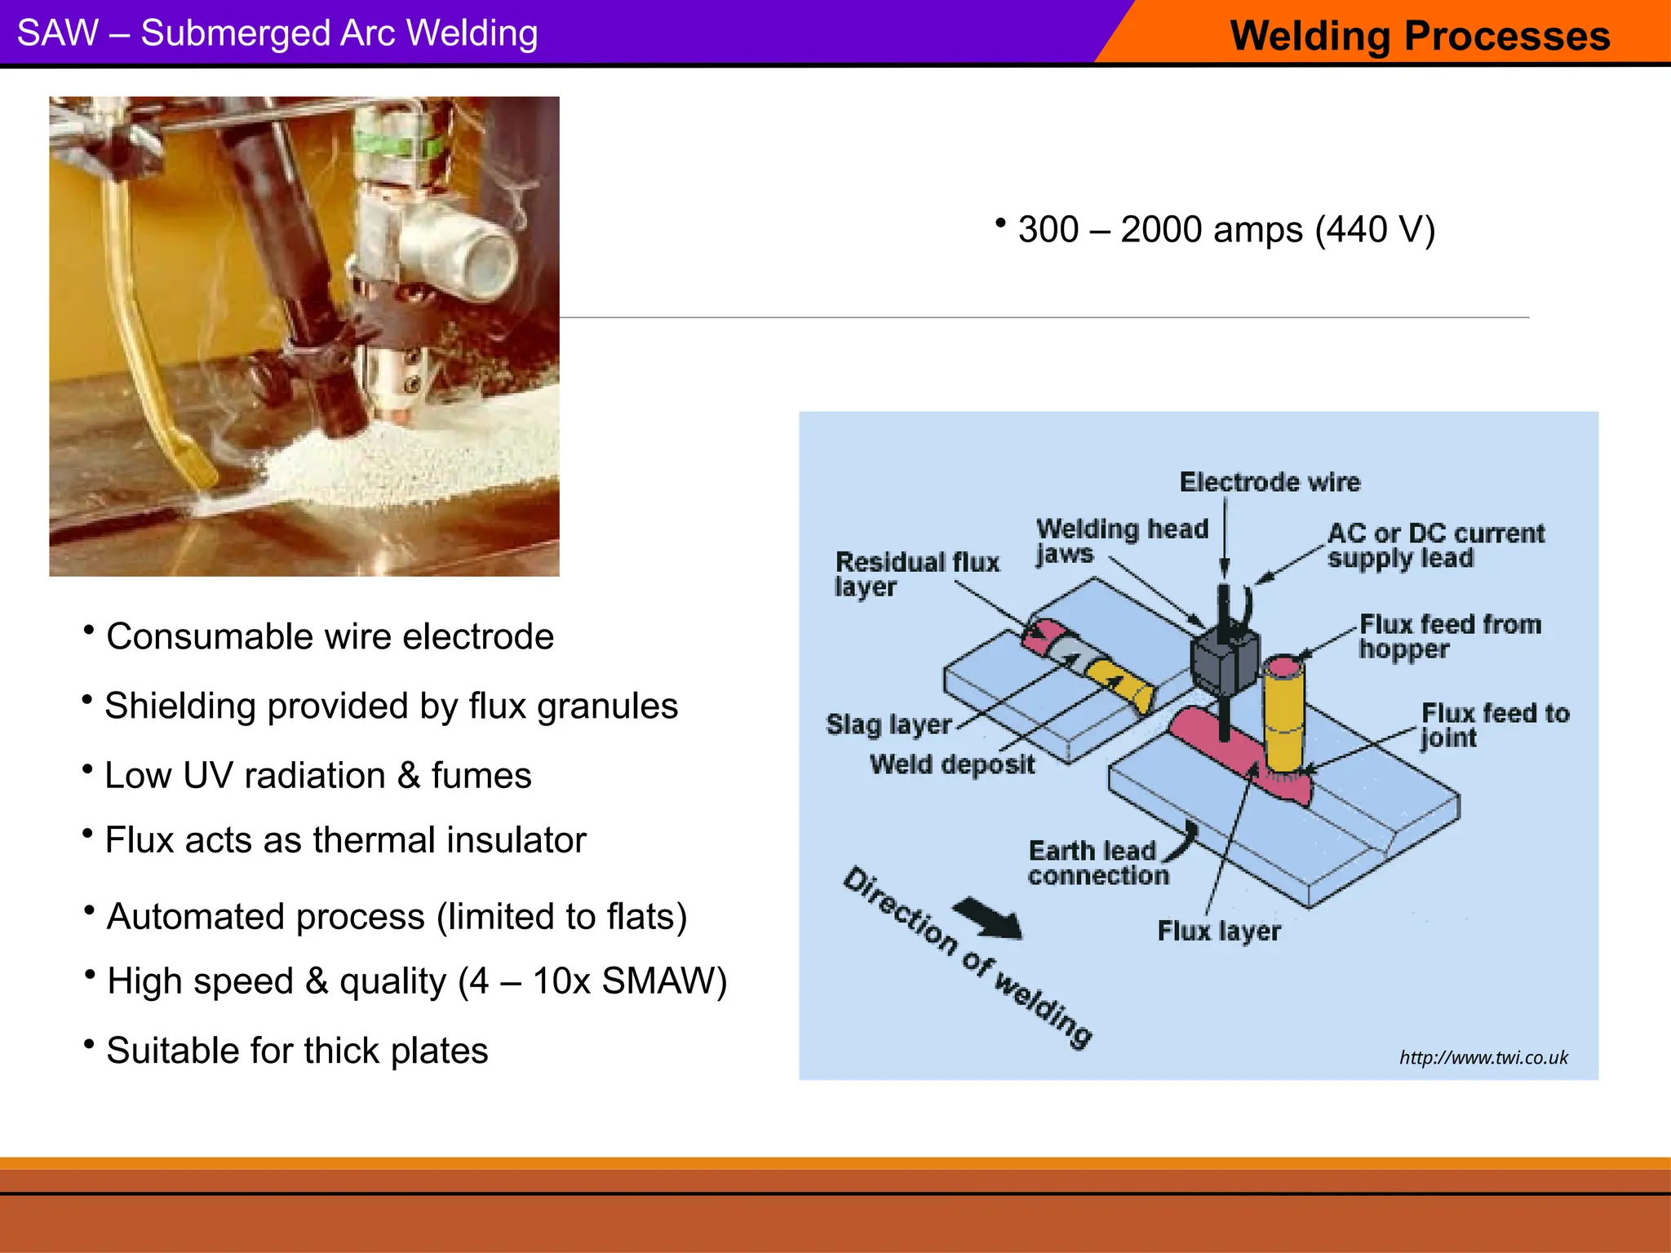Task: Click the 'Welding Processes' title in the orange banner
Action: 1420,36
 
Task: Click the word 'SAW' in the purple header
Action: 58,33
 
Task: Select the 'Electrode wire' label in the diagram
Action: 1270,482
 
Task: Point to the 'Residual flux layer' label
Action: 915,573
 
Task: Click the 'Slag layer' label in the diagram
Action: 889,724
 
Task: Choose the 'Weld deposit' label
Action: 951,764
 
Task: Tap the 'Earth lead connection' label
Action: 1097,863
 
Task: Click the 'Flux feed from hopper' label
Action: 1449,636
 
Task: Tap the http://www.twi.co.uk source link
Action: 1483,1058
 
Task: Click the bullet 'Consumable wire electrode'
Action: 330,636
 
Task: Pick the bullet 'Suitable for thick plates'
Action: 297,1051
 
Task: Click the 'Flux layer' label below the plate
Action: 1218,931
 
